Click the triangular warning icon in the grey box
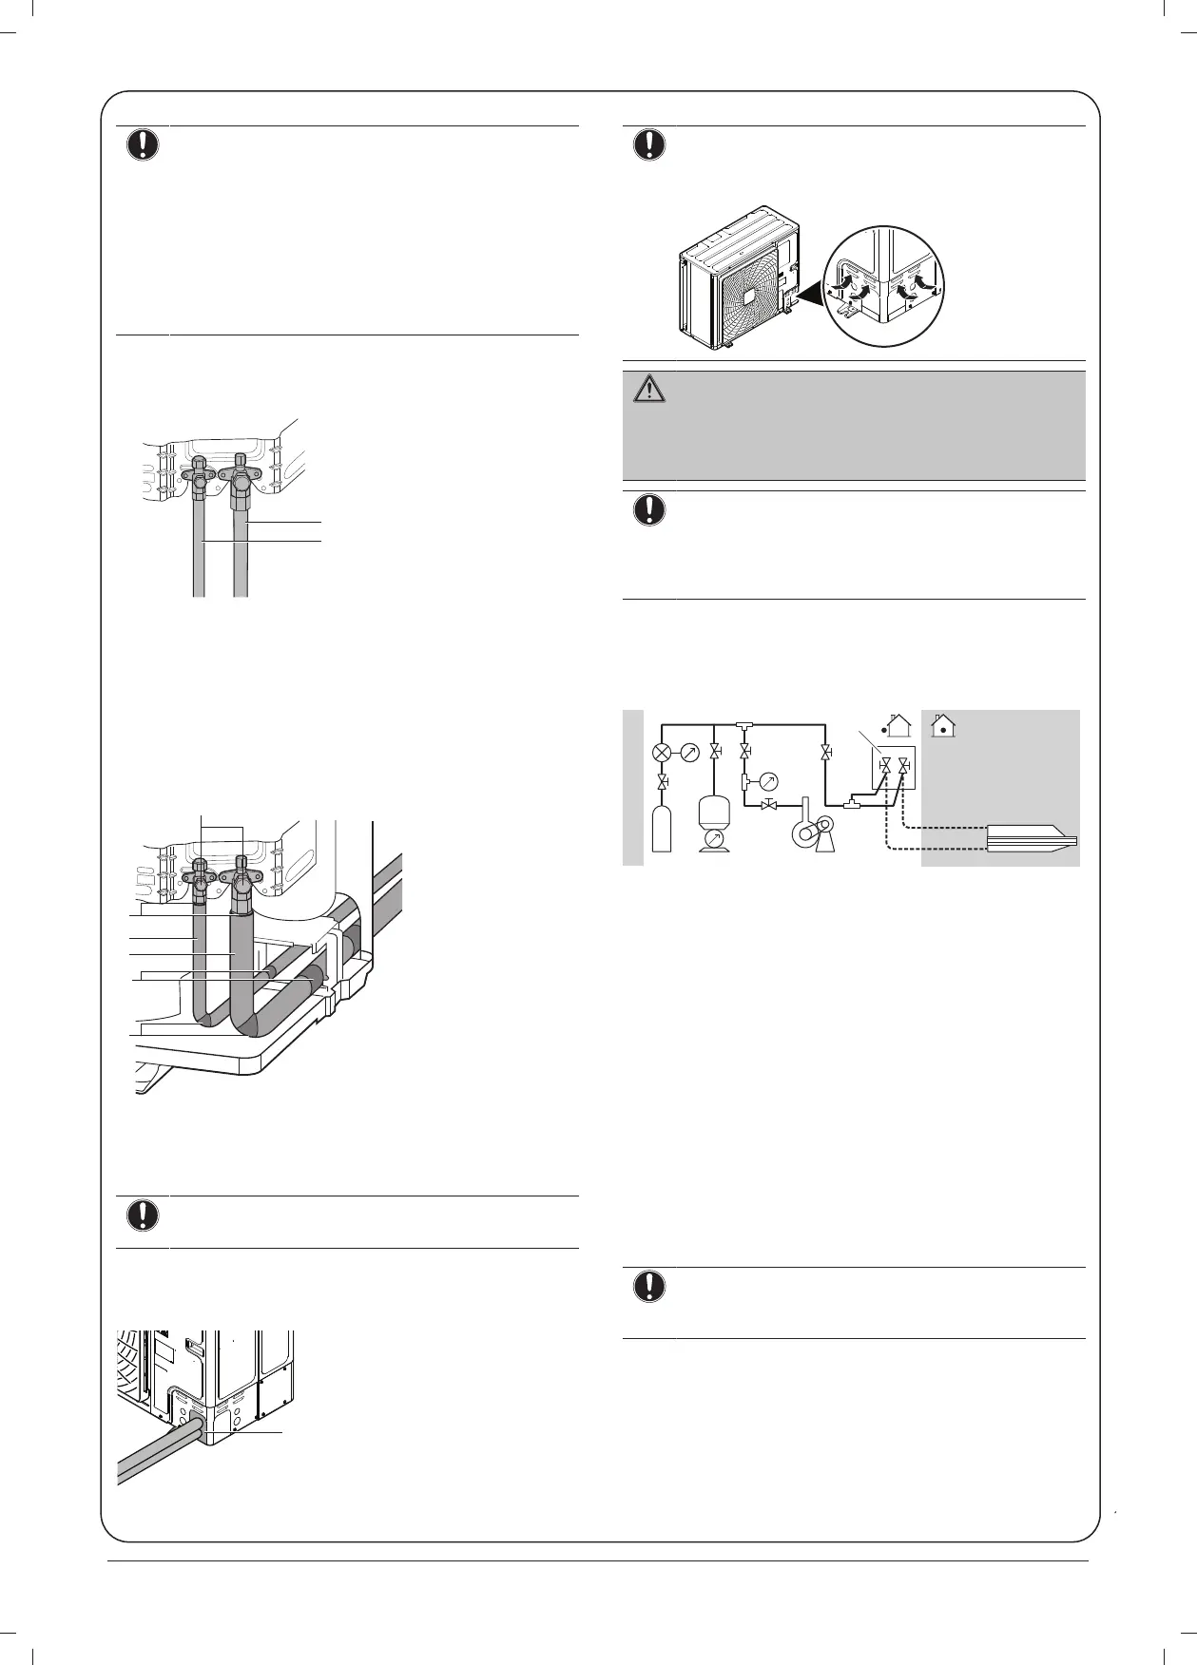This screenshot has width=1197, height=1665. pyautogui.click(x=649, y=390)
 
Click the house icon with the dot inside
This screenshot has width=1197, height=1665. pyautogui.click(x=943, y=725)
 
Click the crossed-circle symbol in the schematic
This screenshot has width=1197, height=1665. pyautogui.click(x=662, y=754)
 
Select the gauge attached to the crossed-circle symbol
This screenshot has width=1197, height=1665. pyautogui.click(x=689, y=754)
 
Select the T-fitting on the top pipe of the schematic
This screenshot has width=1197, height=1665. pyautogui.click(x=743, y=726)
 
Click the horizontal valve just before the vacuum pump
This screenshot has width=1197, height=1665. pyautogui.click(x=770, y=806)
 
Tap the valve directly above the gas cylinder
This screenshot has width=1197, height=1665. pyautogui.click(x=662, y=781)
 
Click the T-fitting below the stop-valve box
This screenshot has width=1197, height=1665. pyautogui.click(x=853, y=806)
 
